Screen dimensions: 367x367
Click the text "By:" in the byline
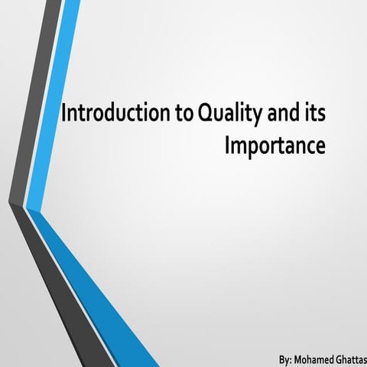tap(287, 358)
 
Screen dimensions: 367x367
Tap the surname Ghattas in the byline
tap(350, 358)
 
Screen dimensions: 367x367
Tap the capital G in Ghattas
tap(337, 358)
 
